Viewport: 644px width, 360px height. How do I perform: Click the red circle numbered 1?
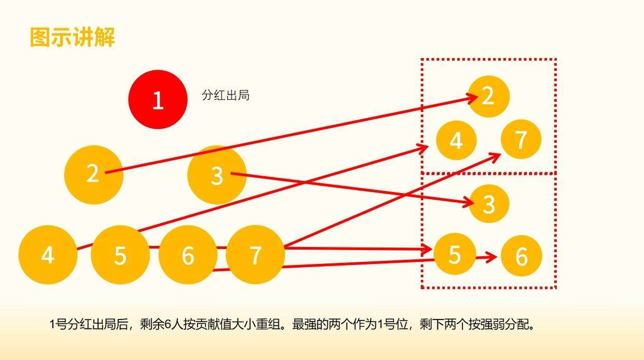[x=158, y=100]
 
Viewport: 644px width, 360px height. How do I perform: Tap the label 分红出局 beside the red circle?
[x=226, y=95]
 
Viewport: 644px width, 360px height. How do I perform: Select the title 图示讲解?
[x=73, y=37]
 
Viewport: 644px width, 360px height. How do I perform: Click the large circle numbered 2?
[x=94, y=175]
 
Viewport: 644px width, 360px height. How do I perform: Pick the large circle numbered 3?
[x=217, y=175]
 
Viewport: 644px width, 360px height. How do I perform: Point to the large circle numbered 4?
[x=48, y=255]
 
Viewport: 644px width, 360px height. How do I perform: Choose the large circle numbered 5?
[x=120, y=255]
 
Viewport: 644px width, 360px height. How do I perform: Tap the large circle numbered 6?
[x=188, y=255]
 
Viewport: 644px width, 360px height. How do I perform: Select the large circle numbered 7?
[x=255, y=255]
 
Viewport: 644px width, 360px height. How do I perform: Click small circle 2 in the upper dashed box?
[x=489, y=96]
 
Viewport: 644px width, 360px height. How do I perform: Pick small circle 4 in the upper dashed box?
[x=456, y=141]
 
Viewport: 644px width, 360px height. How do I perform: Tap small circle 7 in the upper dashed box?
[x=521, y=139]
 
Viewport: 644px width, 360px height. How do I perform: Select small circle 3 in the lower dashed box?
[x=489, y=203]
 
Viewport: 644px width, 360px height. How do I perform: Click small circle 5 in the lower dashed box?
[x=455, y=254]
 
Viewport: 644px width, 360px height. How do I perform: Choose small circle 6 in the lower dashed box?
[x=522, y=256]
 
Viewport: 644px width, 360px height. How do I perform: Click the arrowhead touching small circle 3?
[x=468, y=202]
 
